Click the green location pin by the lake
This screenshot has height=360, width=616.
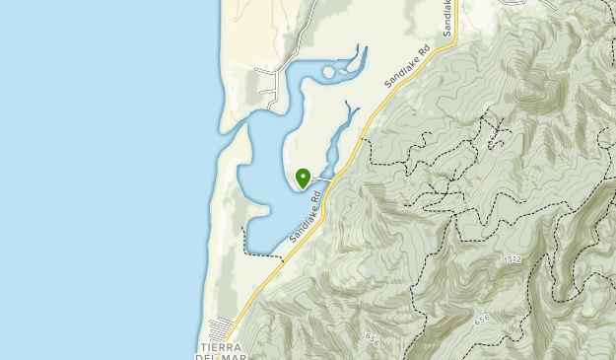click(303, 177)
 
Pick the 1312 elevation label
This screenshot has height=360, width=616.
click(510, 259)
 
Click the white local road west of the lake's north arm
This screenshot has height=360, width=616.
click(268, 83)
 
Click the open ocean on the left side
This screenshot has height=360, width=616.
click(99, 178)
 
